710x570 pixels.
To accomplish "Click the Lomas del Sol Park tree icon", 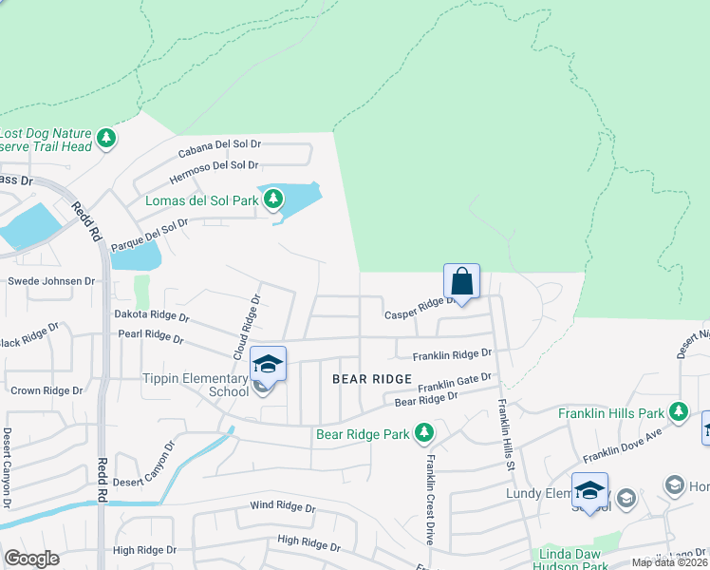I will [274, 199].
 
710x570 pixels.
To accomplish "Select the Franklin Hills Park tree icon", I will [678, 412].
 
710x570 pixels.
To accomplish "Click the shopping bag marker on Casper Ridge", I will [461, 281].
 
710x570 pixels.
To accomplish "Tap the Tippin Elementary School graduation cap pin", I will [268, 365].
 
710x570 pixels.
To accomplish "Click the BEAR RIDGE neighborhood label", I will [373, 379].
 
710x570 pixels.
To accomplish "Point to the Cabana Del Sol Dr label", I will [219, 148].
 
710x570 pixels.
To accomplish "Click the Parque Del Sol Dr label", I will [150, 234].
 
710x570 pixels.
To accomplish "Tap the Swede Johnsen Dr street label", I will [51, 281].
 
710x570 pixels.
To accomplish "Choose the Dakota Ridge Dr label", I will [152, 315].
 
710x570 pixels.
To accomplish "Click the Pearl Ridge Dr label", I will [150, 336].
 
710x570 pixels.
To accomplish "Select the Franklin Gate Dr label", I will [456, 383].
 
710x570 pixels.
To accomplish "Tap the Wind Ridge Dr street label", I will [282, 506].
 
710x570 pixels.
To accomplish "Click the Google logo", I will [31, 559].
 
